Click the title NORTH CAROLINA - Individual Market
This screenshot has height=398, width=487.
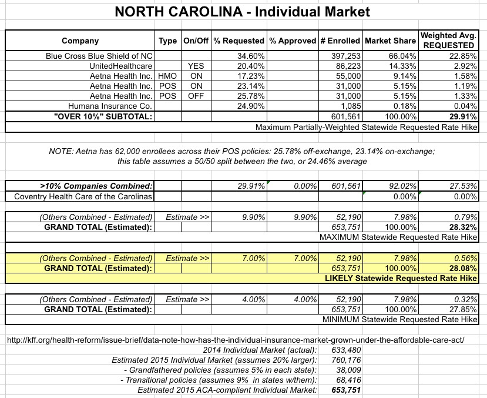[243, 12]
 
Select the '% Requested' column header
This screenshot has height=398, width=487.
[239, 41]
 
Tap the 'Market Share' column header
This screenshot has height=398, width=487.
[389, 41]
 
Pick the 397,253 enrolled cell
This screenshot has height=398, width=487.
[344, 55]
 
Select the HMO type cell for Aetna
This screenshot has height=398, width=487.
[167, 75]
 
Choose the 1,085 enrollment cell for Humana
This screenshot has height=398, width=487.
[350, 106]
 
